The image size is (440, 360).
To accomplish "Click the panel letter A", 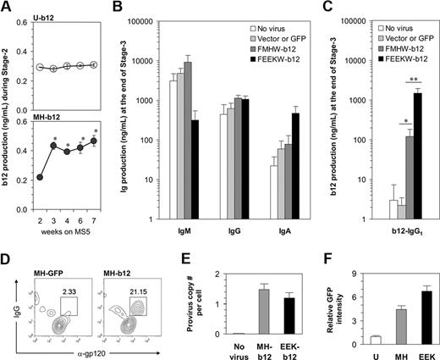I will pyautogui.click(x=6, y=7).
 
